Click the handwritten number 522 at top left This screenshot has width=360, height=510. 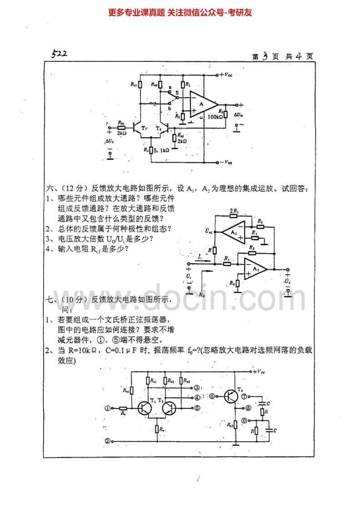tap(60, 54)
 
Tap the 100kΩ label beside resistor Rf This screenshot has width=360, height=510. tap(215, 117)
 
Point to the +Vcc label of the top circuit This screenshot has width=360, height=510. tap(226, 74)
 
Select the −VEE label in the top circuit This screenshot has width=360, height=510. tap(226, 162)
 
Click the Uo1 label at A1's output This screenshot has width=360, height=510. tap(209, 232)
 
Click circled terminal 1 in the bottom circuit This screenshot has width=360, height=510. tap(107, 408)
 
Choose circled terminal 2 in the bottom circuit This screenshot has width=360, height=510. tap(107, 440)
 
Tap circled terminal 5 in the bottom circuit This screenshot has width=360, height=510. tap(197, 408)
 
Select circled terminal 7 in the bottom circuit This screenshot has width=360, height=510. tap(245, 396)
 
